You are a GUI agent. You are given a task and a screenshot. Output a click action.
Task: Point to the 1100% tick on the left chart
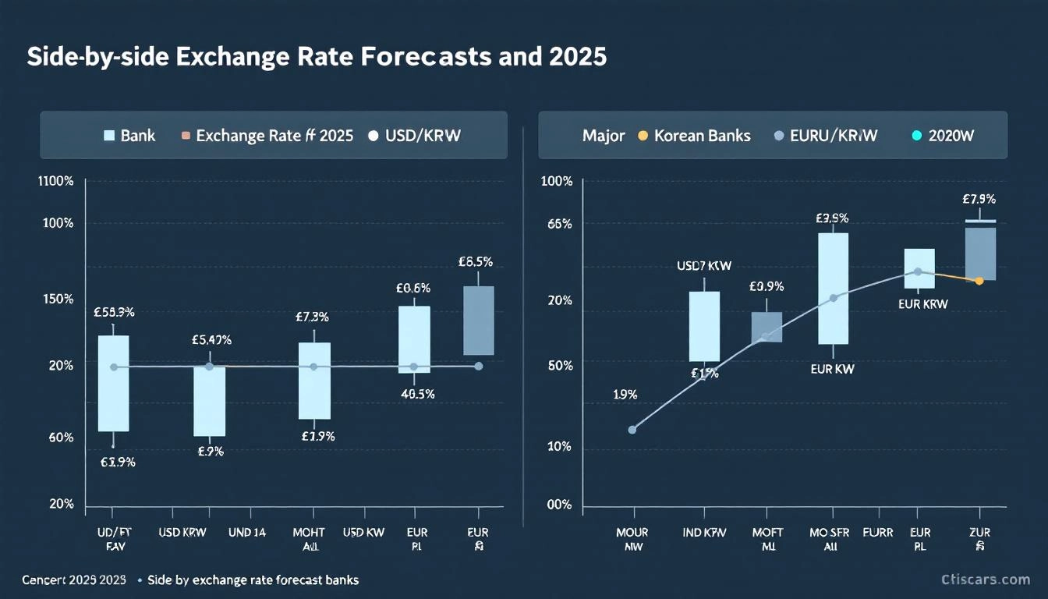55,182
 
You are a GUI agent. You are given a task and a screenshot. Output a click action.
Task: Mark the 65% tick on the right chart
559,224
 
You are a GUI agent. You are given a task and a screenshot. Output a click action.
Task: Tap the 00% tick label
559,505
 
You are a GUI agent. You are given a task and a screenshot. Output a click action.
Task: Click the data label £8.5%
474,262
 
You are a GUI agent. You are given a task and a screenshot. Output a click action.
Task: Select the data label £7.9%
980,200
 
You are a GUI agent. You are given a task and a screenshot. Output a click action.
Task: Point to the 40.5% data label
417,394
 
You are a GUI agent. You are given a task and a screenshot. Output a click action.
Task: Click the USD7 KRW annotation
703,266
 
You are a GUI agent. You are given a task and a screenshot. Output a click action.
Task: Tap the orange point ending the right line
979,281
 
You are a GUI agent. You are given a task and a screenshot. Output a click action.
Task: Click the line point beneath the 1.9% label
632,430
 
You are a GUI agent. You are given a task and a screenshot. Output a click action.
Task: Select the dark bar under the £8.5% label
478,320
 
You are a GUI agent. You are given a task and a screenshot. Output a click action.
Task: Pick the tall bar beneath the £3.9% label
833,288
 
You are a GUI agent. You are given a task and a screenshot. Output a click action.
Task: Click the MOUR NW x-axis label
632,540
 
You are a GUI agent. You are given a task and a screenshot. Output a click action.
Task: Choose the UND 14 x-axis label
247,533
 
